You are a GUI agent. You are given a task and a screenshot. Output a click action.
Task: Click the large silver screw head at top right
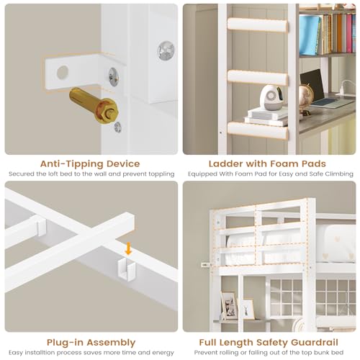click(x=166, y=50)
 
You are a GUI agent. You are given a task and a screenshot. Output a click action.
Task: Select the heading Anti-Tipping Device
click(x=90, y=163)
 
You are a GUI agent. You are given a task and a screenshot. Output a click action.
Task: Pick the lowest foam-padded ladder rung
click(x=246, y=129)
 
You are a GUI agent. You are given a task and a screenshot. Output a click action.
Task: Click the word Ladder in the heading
click(x=224, y=163)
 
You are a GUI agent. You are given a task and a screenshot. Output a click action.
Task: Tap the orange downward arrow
click(x=128, y=249)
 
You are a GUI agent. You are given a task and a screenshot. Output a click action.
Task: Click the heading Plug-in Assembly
click(x=90, y=342)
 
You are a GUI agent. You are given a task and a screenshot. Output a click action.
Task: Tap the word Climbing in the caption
click(x=338, y=174)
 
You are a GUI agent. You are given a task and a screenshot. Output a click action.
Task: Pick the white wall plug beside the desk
click(x=204, y=264)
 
